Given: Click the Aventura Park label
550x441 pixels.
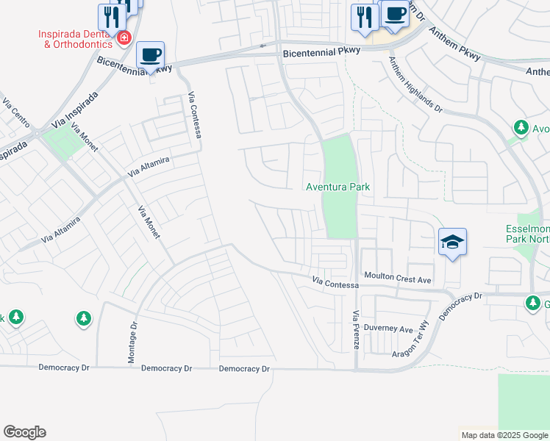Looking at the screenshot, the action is [x=337, y=187].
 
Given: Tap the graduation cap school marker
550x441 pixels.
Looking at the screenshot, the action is [x=452, y=241].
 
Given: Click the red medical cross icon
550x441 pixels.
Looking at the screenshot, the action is [x=124, y=37].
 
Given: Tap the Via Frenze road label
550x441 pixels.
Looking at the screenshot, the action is [x=356, y=329].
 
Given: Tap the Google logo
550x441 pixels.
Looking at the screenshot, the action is [x=24, y=432].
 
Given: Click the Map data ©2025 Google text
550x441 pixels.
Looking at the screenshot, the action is [x=504, y=435].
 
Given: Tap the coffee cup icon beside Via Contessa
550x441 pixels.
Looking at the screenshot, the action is [x=151, y=55].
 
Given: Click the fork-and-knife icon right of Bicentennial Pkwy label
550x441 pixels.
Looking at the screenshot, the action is [x=365, y=18].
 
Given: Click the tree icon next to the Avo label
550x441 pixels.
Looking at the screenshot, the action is [x=521, y=128].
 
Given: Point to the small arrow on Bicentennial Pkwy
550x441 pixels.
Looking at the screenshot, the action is [x=262, y=46].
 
